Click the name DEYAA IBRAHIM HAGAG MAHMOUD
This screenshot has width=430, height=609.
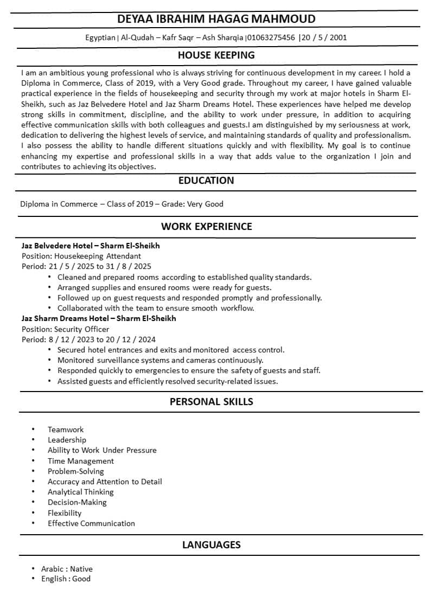[x=216, y=19]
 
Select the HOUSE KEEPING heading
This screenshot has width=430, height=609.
[x=216, y=55]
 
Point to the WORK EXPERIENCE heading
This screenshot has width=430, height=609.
[x=207, y=227]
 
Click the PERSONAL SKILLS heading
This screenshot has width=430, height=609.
[x=211, y=402]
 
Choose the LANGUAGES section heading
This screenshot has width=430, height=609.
[x=211, y=544]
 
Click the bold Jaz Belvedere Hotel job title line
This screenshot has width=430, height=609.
[x=91, y=246]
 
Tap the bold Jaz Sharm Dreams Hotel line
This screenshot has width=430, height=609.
[x=99, y=318]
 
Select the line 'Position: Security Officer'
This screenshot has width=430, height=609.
[x=65, y=329]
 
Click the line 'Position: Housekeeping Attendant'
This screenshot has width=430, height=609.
[x=81, y=256]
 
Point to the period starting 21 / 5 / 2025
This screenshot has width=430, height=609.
[x=86, y=266]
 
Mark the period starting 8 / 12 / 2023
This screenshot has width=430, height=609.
[x=88, y=339]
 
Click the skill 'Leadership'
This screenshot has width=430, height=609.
[x=67, y=440]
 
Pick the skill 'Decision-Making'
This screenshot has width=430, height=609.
[x=77, y=502]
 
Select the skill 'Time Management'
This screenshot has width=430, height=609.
[x=81, y=461]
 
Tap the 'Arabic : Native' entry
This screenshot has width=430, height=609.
[x=67, y=569]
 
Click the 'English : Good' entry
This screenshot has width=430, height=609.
[x=66, y=579]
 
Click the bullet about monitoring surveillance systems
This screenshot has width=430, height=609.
[x=161, y=360]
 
